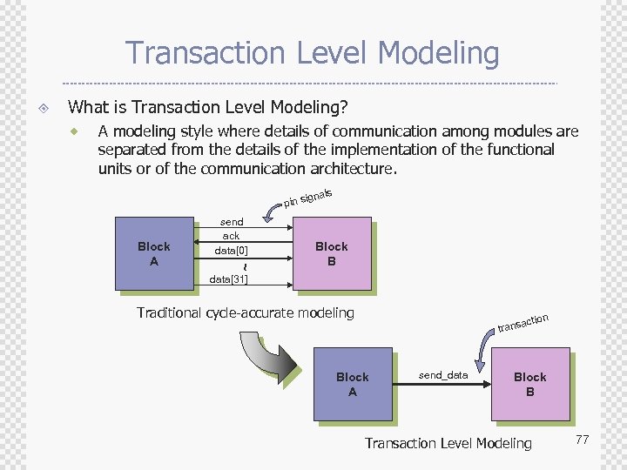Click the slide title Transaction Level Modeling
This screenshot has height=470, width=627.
click(313, 53)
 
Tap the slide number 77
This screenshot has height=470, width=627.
click(582, 440)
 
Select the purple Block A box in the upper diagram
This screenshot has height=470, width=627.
click(154, 253)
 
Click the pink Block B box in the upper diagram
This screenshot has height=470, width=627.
click(331, 253)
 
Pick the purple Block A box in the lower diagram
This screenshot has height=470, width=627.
click(352, 384)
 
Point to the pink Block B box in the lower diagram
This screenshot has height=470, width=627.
click(529, 384)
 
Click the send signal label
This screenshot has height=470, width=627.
click(232, 222)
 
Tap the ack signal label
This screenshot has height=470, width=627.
click(231, 236)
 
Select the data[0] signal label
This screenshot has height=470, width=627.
click(231, 251)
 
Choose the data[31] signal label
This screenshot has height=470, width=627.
click(229, 279)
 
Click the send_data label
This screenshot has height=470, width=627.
click(443, 375)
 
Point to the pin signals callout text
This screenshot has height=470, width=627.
click(309, 198)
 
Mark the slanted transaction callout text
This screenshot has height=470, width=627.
click(522, 323)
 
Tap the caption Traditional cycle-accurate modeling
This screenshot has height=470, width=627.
click(246, 312)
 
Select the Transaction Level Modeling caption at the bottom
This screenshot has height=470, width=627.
click(448, 443)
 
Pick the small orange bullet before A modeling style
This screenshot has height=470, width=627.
click(76, 131)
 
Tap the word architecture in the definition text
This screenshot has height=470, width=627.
click(351, 168)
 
